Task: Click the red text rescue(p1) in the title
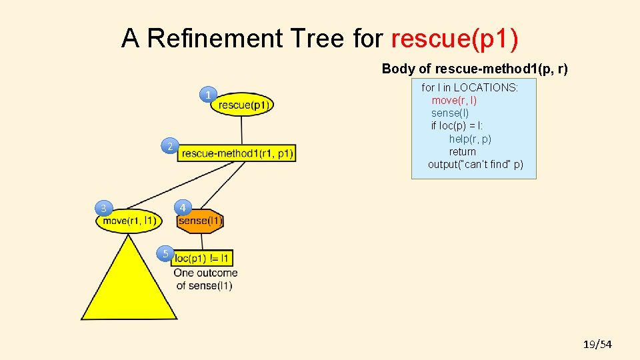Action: (x=455, y=39)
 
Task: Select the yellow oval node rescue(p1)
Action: (x=243, y=105)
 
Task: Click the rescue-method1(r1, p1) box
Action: (x=237, y=153)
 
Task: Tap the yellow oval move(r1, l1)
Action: (x=129, y=221)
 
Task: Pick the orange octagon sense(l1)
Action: (x=200, y=221)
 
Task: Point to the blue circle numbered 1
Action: (x=209, y=95)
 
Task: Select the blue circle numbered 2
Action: (x=170, y=146)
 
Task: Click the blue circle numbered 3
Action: (x=103, y=209)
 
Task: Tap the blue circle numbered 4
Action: (x=183, y=207)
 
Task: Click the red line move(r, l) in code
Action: (x=454, y=100)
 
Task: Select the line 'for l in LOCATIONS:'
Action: (x=469, y=87)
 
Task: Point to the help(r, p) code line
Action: (x=470, y=139)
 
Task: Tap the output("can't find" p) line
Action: (x=475, y=164)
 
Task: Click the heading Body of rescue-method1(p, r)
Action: (x=475, y=69)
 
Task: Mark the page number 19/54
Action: (x=597, y=344)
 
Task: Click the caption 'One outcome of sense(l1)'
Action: (x=205, y=279)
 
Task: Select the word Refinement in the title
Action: (x=215, y=39)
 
